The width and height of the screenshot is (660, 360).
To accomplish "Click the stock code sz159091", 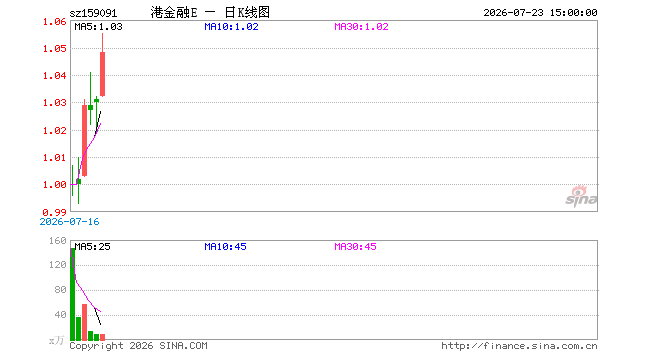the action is pos(93,13).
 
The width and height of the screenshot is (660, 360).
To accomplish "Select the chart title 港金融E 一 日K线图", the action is pos(210,13).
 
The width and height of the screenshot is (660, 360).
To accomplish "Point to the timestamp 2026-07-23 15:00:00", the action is pos(540,13).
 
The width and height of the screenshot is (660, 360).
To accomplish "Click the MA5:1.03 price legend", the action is pos(98,27).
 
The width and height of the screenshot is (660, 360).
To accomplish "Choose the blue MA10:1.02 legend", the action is pos(231,27).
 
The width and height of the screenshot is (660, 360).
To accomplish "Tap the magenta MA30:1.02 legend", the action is pos(361,27).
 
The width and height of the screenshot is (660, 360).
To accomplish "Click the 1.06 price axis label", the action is pos(55,22).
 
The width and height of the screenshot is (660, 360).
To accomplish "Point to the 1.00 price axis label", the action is pos(55,185).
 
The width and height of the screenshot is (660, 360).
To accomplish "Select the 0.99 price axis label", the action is pos(55,213).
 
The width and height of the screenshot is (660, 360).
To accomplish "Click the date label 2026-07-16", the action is pos(69,222).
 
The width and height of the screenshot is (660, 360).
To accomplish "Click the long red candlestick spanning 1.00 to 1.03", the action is pos(85,140).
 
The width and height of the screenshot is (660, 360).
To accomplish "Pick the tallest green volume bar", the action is pos(72,294).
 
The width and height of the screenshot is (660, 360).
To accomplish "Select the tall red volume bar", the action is pos(85,322).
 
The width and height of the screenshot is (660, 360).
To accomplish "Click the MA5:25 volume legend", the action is pos(92,247).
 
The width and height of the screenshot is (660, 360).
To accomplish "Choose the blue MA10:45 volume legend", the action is pos(225,247).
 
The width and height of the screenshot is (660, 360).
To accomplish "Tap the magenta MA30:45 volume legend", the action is pos(355,247).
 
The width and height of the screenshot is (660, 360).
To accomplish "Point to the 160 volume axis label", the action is pos(58,241).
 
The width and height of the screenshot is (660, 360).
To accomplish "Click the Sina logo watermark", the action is pos(581,196).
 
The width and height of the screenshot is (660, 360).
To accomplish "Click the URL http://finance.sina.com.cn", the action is pos(519,346).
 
